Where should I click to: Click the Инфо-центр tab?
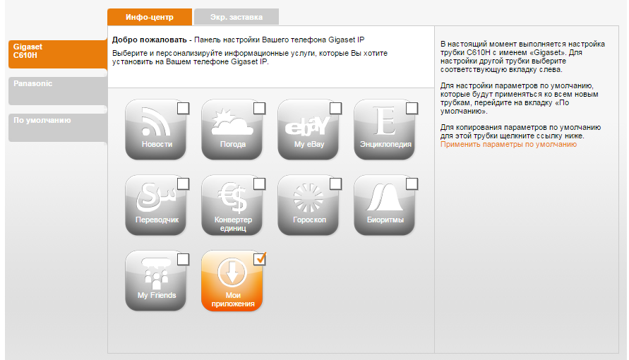click(x=150, y=17)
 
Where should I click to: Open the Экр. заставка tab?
click(x=236, y=17)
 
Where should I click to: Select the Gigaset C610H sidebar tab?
click(x=58, y=54)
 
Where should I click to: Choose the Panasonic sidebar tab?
click(x=58, y=90)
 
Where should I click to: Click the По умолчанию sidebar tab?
click(x=58, y=128)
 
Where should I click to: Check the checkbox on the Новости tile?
click(x=184, y=108)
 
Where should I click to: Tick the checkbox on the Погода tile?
click(x=260, y=108)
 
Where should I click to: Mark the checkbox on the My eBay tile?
click(x=336, y=108)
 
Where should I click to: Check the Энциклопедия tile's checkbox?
click(x=412, y=108)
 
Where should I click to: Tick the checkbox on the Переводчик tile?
click(x=184, y=184)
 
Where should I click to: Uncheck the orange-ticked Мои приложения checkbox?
click(x=260, y=259)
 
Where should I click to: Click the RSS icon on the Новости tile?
click(x=155, y=121)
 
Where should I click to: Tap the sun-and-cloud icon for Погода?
click(x=232, y=122)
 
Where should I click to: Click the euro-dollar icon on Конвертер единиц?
click(x=232, y=197)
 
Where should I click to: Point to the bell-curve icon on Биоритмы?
click(x=385, y=197)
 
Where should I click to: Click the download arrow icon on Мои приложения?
click(x=232, y=272)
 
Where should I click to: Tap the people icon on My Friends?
click(x=156, y=273)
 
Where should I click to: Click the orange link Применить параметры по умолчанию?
click(x=509, y=144)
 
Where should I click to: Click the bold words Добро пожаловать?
click(x=149, y=40)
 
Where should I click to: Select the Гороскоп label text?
click(x=309, y=220)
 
